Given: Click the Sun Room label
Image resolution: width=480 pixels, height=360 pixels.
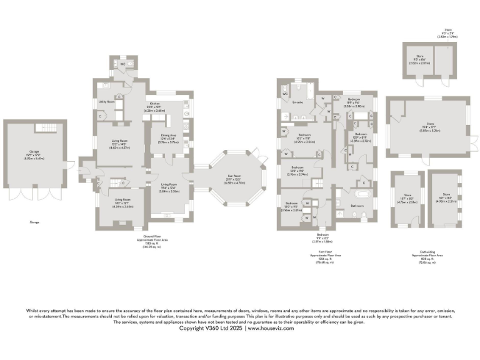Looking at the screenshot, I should pyautogui.click(x=235, y=181).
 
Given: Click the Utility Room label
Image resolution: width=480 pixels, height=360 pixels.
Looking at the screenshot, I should pyautogui.click(x=106, y=101).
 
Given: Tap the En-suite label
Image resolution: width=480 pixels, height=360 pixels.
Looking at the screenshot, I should pyautogui.click(x=298, y=102).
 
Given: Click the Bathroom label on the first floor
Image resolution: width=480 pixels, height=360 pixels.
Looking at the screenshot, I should pyautogui.click(x=357, y=206).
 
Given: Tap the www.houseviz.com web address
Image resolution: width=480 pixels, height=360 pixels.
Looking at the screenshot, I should pyautogui.click(x=270, y=328).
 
